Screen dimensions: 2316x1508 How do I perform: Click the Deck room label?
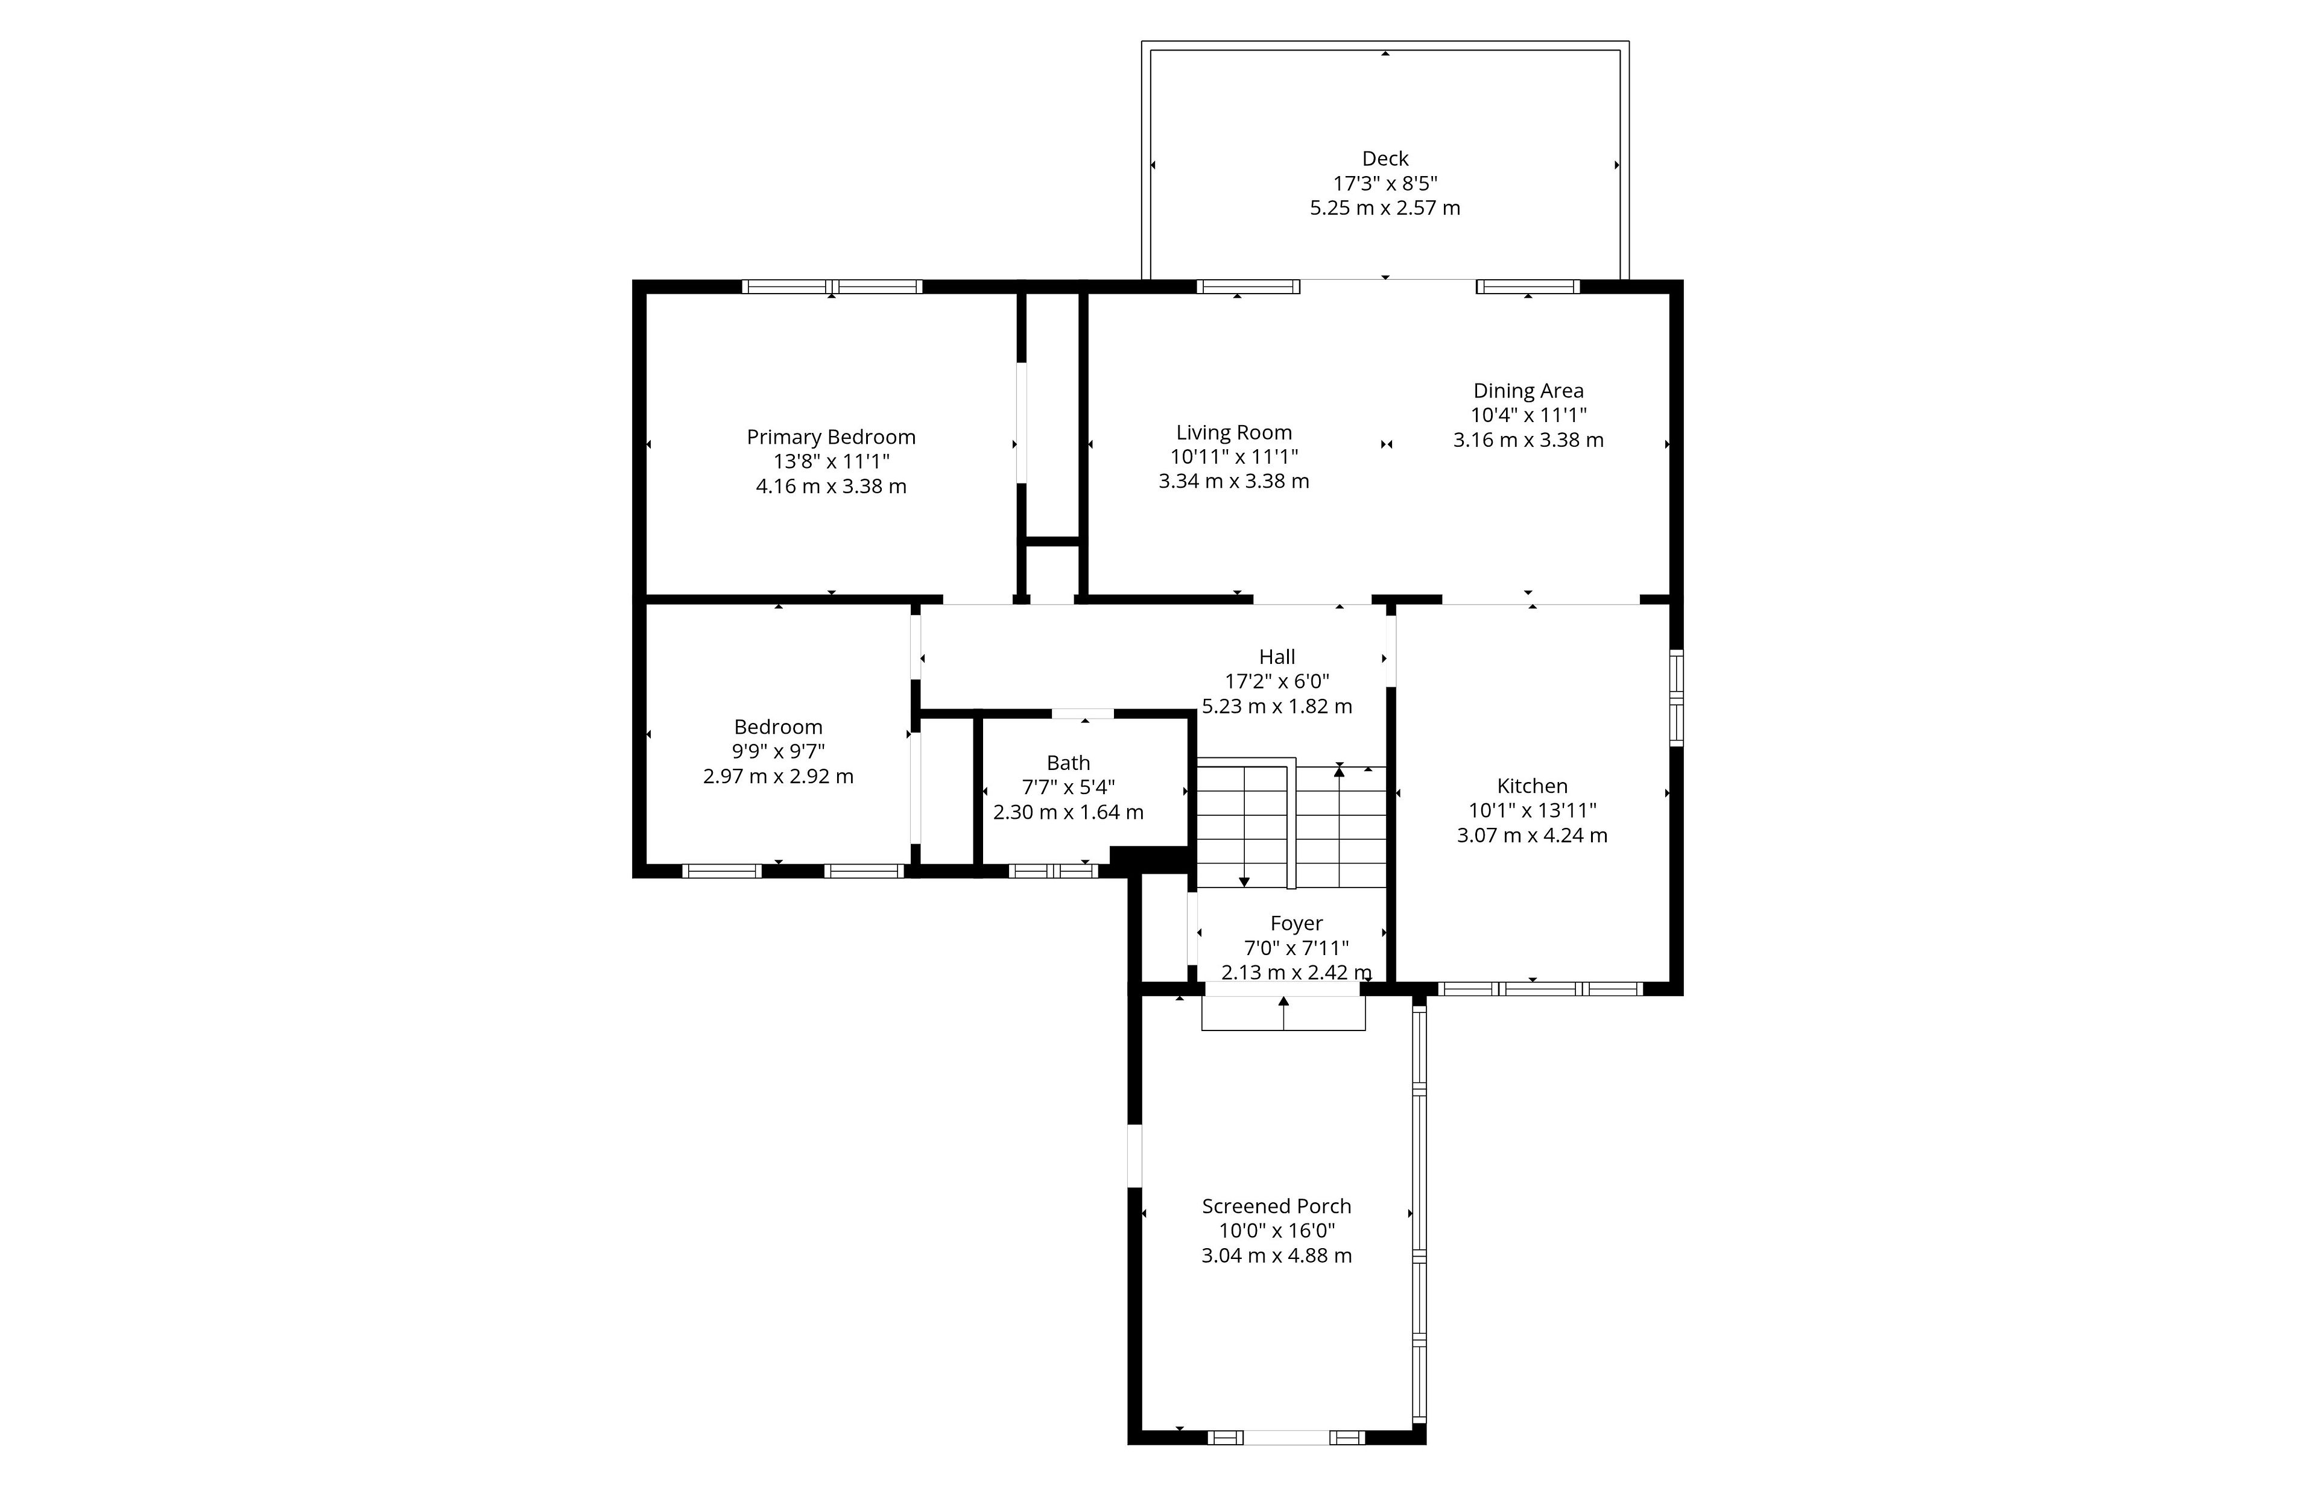1385,159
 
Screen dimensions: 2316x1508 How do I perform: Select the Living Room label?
1234,433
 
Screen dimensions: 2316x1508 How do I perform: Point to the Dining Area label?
1528,391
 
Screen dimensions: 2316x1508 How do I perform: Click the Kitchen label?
1532,786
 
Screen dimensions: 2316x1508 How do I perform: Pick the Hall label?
1277,658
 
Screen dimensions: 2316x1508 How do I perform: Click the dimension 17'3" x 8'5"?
1385,183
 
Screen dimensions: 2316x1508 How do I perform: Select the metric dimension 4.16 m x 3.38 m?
831,487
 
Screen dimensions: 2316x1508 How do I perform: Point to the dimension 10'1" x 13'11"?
1532,810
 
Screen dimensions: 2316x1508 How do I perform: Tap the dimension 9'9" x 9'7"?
779,752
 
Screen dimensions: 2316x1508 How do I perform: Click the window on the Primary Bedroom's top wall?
832,287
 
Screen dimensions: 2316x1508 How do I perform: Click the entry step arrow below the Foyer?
1283,1013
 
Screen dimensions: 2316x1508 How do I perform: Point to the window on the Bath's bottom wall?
1053,871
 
